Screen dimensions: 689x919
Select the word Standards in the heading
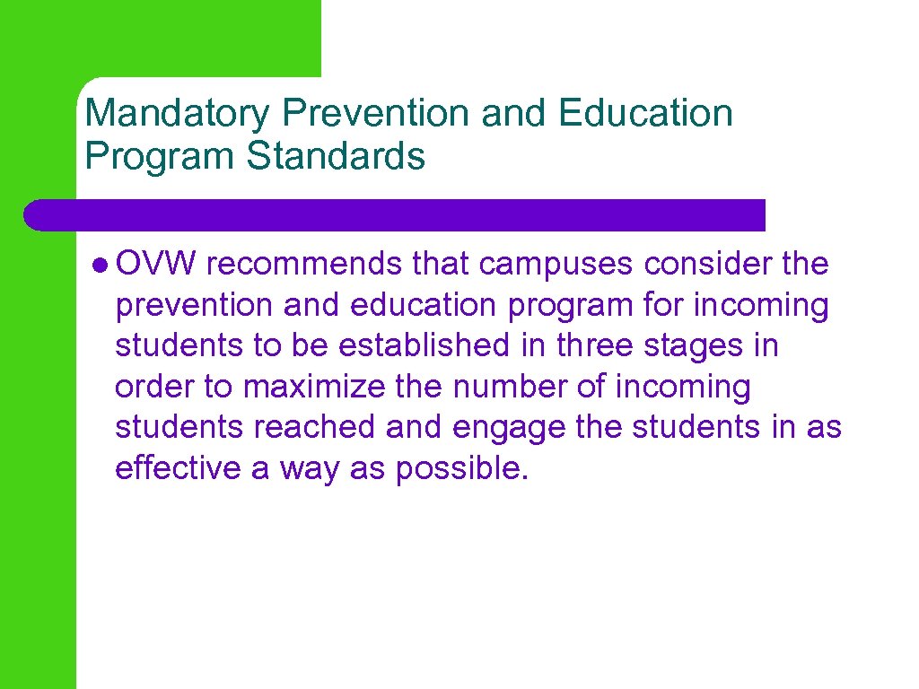[336, 155]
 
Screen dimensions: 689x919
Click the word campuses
[557, 265]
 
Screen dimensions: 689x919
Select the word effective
[178, 467]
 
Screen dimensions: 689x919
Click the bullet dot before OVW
[100, 265]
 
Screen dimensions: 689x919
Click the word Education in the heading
[644, 114]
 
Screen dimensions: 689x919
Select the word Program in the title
[160, 155]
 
